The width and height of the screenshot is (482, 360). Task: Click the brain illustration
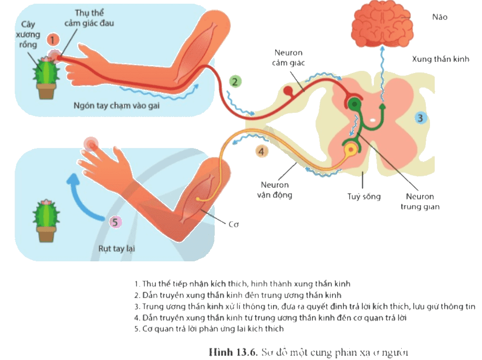(x=382, y=26)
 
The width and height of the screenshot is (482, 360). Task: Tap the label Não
(x=439, y=17)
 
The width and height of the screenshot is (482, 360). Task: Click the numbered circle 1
(x=53, y=40)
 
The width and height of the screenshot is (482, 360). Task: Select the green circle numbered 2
(x=235, y=82)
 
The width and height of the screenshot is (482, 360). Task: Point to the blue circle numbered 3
(x=420, y=118)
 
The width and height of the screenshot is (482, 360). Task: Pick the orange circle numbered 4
(x=261, y=152)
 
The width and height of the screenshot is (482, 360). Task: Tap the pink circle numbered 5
(x=116, y=222)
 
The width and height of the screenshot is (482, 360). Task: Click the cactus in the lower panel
(x=46, y=220)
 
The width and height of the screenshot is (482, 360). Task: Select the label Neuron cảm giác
(x=288, y=58)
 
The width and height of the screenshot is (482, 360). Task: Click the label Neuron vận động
(x=275, y=190)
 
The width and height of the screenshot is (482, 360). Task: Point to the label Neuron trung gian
(x=420, y=202)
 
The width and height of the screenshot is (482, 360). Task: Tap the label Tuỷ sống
(x=364, y=197)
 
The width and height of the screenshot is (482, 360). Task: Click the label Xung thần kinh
(x=441, y=59)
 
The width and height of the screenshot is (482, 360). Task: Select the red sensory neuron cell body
(x=288, y=91)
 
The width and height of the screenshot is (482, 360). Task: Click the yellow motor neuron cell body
(x=351, y=150)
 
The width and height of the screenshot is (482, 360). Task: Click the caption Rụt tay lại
(x=117, y=249)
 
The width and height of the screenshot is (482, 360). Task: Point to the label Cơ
(x=234, y=225)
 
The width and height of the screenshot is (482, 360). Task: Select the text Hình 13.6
(x=233, y=352)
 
